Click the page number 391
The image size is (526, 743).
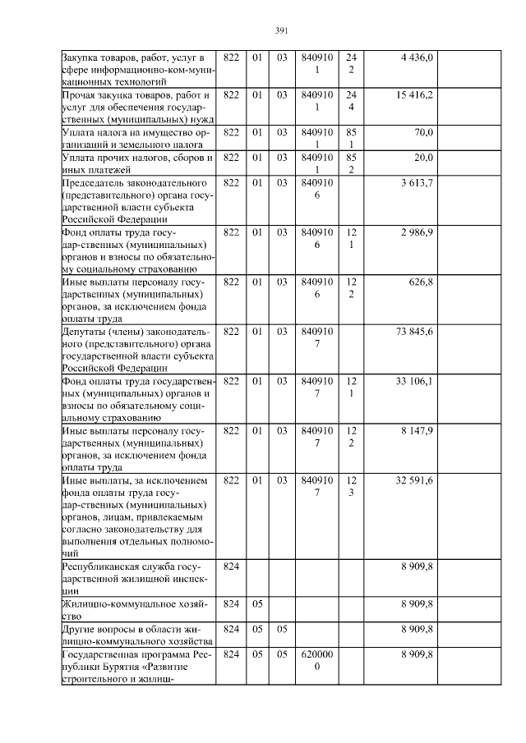[x=279, y=30]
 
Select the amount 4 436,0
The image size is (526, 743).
[x=418, y=57]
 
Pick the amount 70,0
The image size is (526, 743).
[x=424, y=132]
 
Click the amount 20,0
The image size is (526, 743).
[x=424, y=157]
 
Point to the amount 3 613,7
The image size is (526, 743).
[x=418, y=182]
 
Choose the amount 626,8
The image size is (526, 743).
[x=422, y=282]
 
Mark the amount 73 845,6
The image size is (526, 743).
[x=414, y=331]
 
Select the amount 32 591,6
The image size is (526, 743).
[x=414, y=479]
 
